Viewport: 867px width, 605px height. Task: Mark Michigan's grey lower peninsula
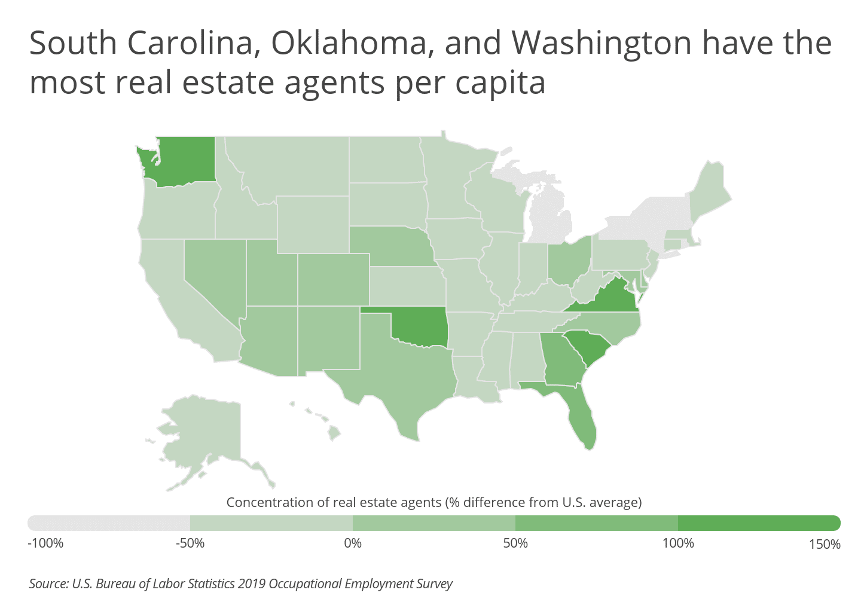[x=550, y=221]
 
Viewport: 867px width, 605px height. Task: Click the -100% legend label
[x=45, y=543]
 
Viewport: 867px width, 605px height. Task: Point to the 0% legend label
[x=353, y=543]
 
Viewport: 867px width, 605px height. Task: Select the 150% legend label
[x=824, y=544]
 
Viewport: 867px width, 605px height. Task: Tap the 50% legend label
[x=515, y=543]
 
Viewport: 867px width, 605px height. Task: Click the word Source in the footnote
[x=48, y=583]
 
